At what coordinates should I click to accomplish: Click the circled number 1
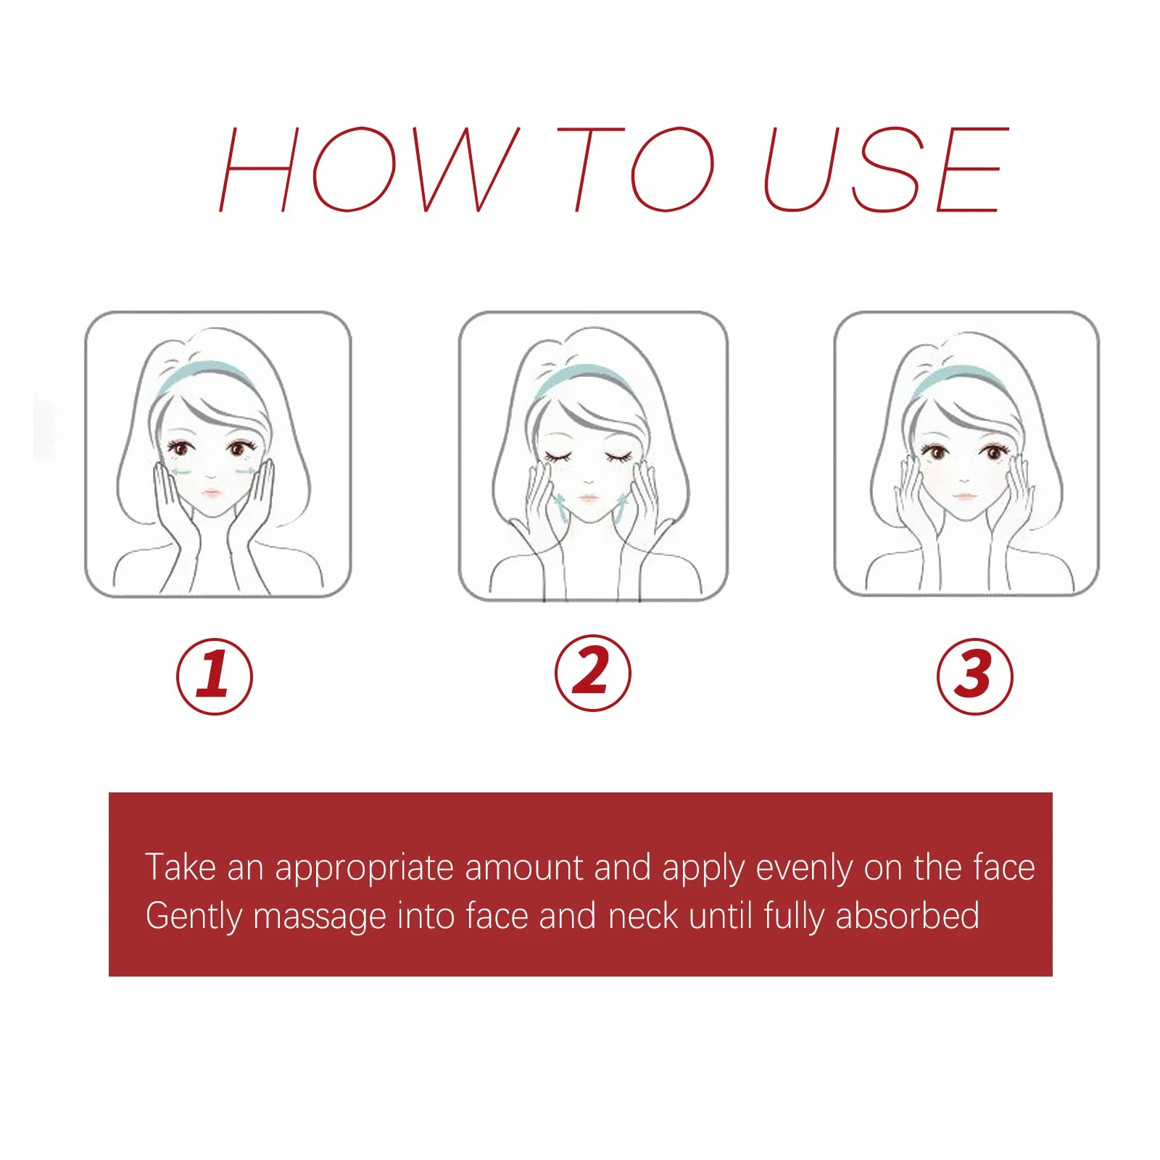[x=215, y=676]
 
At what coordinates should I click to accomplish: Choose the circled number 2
[x=593, y=674]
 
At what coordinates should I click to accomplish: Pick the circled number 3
[x=974, y=676]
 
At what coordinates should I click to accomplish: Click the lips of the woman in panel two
[x=588, y=499]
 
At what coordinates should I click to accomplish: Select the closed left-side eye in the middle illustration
[x=559, y=457]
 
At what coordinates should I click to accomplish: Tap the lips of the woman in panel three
[x=964, y=497]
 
